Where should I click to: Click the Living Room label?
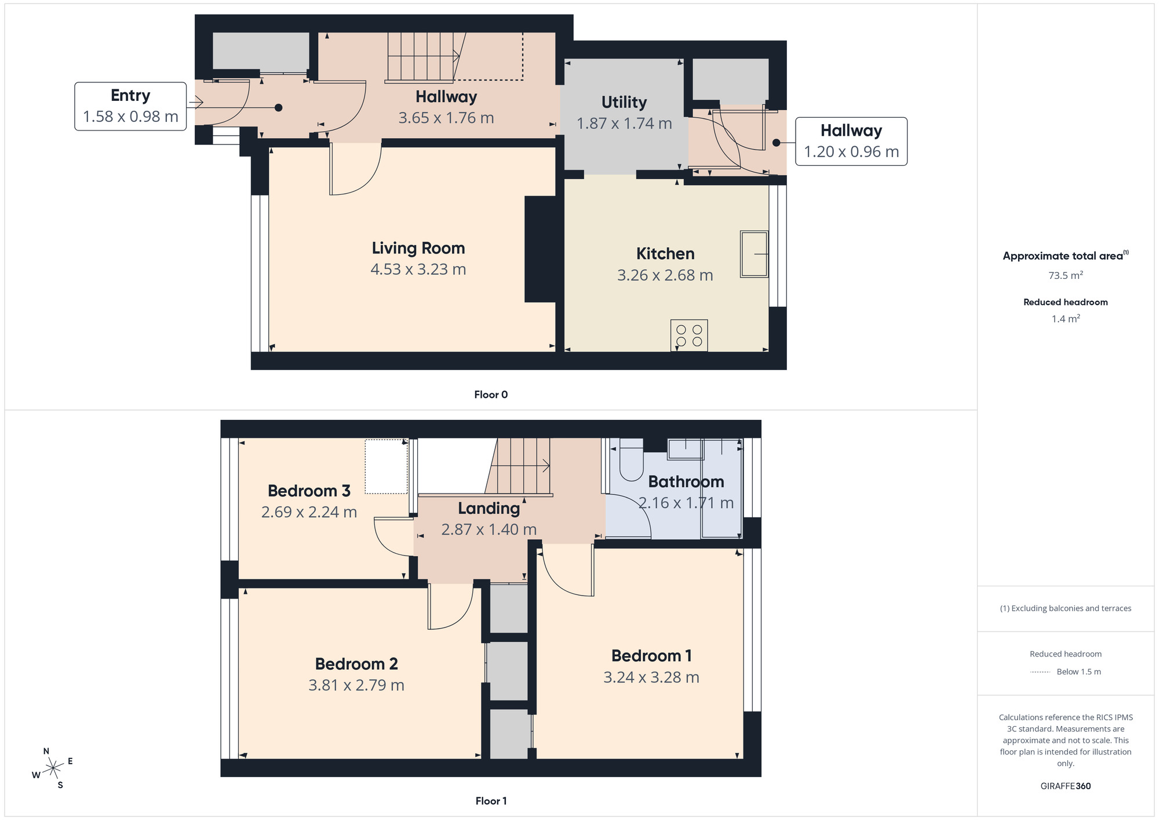pyautogui.click(x=418, y=248)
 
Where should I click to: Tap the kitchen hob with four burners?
pyautogui.click(x=689, y=336)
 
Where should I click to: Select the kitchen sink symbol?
pyautogui.click(x=754, y=254)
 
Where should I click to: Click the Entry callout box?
pyautogui.click(x=130, y=106)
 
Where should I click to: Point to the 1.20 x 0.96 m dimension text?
pyautogui.click(x=851, y=152)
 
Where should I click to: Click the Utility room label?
pyautogui.click(x=624, y=102)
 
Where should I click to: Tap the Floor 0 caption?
pyautogui.click(x=491, y=395)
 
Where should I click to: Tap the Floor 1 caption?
pyautogui.click(x=491, y=801)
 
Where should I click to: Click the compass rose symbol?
pyautogui.click(x=53, y=768)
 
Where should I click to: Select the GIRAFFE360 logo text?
pyautogui.click(x=1065, y=786)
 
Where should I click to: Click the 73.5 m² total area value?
pyautogui.click(x=1065, y=275)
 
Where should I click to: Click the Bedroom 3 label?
pyautogui.click(x=309, y=491)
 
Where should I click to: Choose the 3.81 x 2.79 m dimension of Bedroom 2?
pyautogui.click(x=356, y=685)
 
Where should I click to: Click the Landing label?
pyautogui.click(x=489, y=509)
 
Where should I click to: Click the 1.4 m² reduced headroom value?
pyautogui.click(x=1065, y=319)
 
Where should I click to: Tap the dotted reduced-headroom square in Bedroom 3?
pyautogui.click(x=386, y=467)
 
